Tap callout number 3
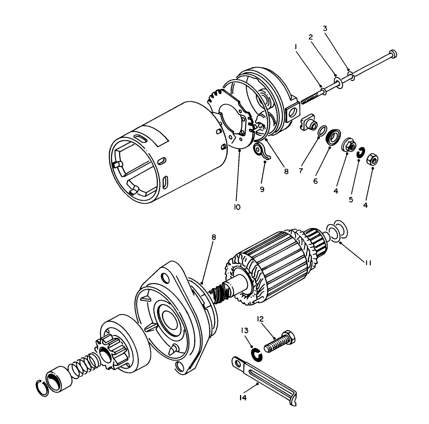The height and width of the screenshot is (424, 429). coord(325,28)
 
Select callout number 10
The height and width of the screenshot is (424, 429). coord(237,207)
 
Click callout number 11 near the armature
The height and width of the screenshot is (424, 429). coord(367,263)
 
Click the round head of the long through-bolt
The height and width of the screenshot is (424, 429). coord(393,53)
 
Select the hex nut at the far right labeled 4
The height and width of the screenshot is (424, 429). coord(372,160)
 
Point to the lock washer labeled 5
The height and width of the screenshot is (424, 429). coord(360,153)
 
